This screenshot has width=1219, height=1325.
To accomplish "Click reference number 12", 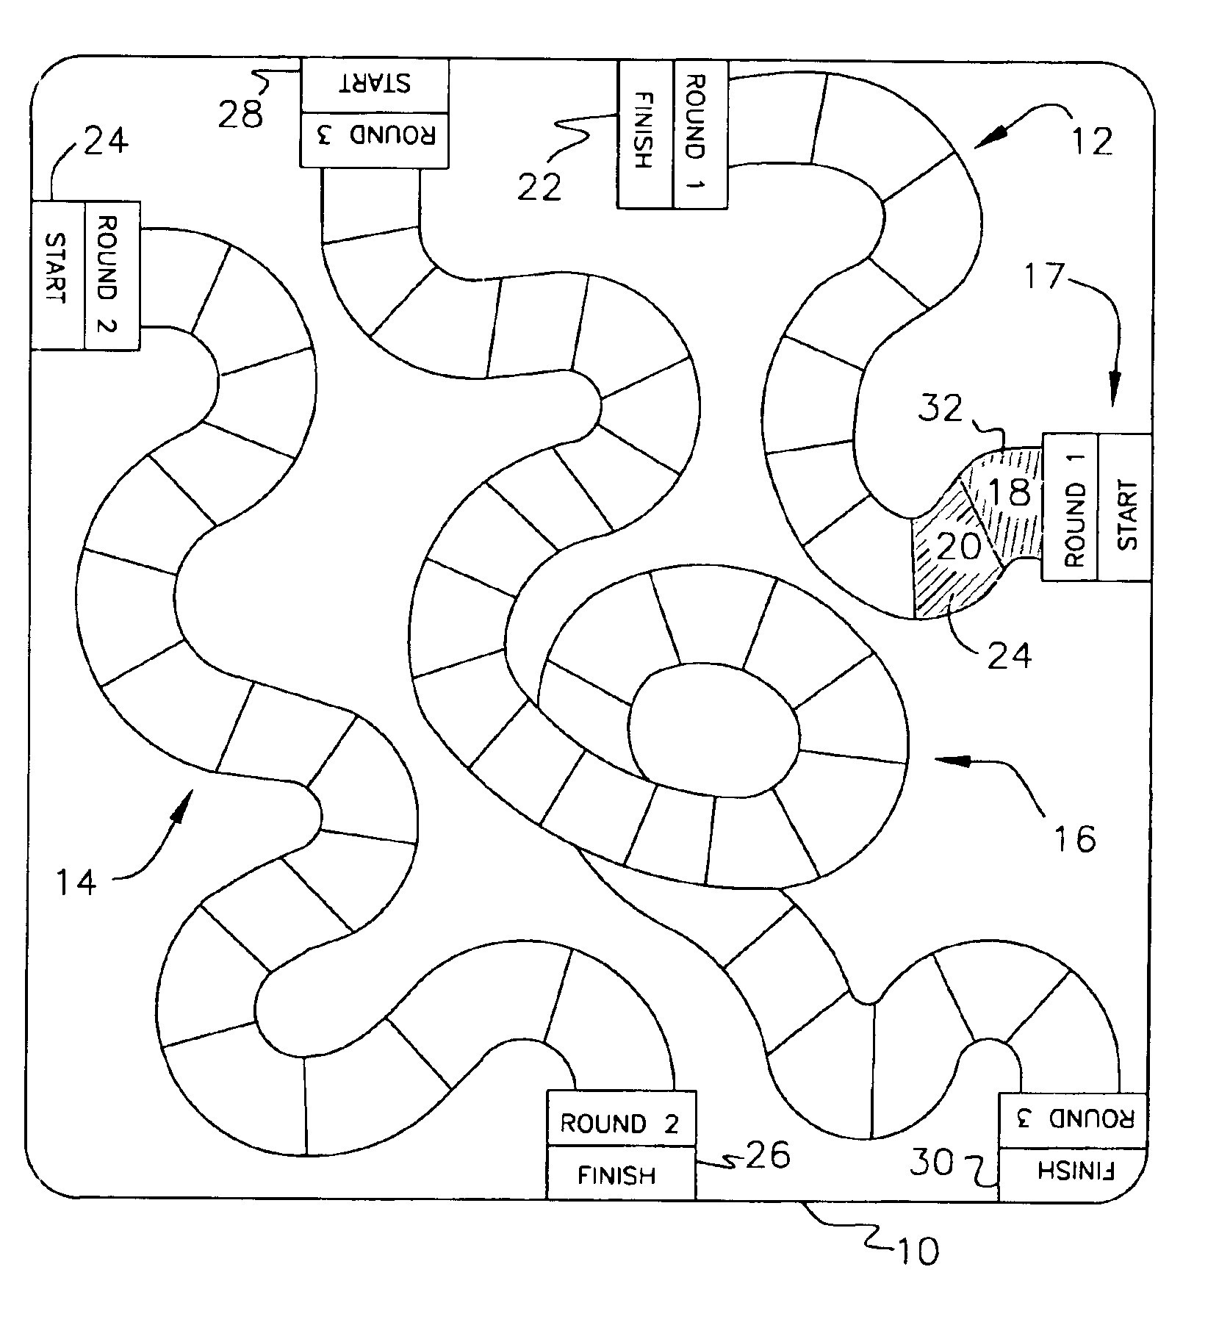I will click(1093, 141).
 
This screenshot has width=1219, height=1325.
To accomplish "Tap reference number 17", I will click(1044, 276).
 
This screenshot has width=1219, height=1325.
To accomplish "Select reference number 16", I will click(1075, 837).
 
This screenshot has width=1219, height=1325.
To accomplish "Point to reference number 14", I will click(76, 881).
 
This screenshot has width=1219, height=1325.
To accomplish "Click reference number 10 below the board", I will click(916, 1251).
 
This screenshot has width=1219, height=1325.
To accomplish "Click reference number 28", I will click(240, 115).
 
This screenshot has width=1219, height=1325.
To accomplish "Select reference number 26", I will click(768, 1156).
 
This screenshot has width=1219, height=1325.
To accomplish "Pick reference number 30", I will click(932, 1163).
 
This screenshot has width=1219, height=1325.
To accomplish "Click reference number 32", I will click(941, 409).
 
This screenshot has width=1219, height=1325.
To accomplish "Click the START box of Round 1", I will click(1123, 507).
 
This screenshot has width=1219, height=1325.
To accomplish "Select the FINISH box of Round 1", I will click(644, 134).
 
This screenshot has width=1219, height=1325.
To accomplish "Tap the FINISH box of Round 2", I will click(620, 1175).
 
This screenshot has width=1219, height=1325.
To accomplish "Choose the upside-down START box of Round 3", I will click(374, 85).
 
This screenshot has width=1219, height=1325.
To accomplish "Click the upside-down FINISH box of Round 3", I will click(1073, 1170).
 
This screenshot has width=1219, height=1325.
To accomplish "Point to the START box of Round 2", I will click(57, 274).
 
